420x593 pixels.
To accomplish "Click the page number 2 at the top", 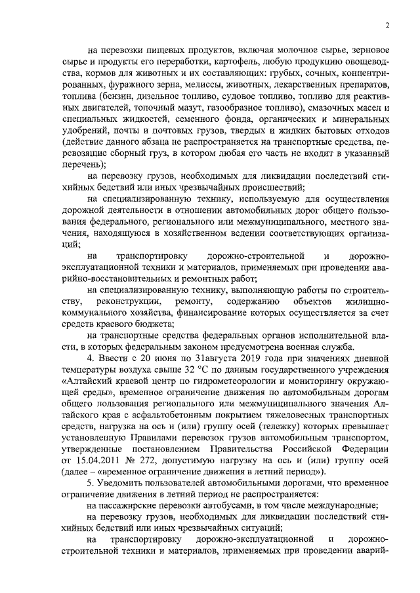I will (387, 26).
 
